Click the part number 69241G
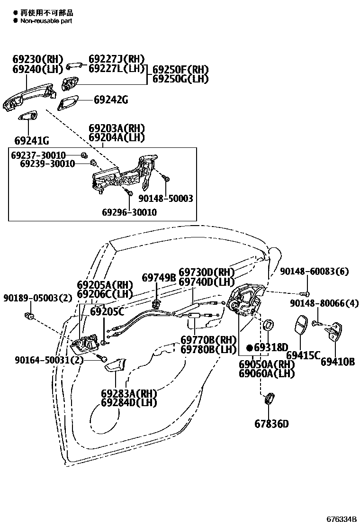point(32,141)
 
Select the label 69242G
point(111,100)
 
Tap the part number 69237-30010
point(38,155)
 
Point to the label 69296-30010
point(129,212)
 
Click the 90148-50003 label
point(166,199)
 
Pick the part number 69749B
point(159,278)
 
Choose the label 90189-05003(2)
point(37,298)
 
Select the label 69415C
point(303,355)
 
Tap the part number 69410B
point(338,362)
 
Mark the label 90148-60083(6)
point(314,271)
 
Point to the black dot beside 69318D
point(250,347)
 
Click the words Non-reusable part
point(46,21)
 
